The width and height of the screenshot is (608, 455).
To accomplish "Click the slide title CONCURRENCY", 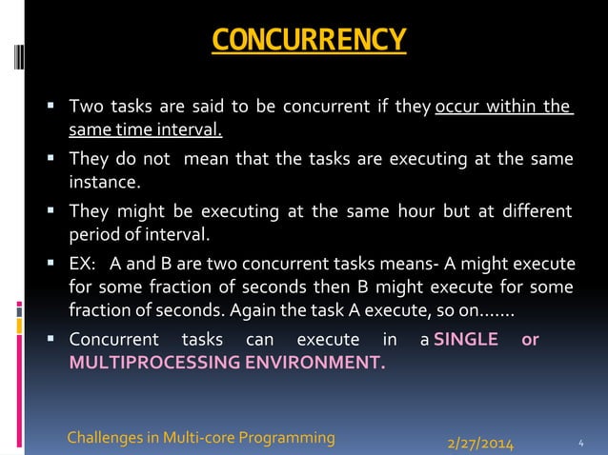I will pyautogui.click(x=309, y=41).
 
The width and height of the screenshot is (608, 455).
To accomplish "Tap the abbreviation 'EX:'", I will pyautogui.click(x=84, y=263).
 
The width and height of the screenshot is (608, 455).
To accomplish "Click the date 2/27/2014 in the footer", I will pyautogui.click(x=480, y=443).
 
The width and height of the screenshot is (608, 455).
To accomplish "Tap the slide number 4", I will pyautogui.click(x=581, y=443).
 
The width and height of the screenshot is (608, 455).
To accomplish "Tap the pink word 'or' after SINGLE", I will pyautogui.click(x=531, y=340).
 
